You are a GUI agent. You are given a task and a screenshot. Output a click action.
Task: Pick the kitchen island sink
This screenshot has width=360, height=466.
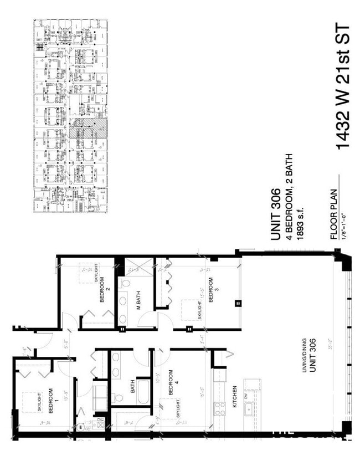click(x=251, y=409)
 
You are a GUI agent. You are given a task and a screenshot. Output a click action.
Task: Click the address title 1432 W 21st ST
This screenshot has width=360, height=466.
click(x=343, y=86)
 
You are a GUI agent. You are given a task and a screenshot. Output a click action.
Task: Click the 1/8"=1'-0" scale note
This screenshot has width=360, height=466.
click(x=343, y=222)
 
